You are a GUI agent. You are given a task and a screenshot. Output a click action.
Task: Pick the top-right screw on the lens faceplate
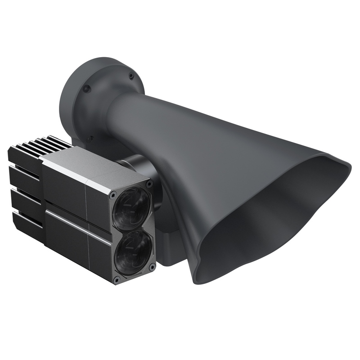[x=149, y=184]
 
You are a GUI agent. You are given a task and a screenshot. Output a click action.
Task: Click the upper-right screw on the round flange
[x=131, y=76]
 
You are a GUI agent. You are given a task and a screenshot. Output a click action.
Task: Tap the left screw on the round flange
[x=87, y=89]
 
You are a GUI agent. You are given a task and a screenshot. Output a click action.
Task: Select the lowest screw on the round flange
[x=90, y=139]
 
